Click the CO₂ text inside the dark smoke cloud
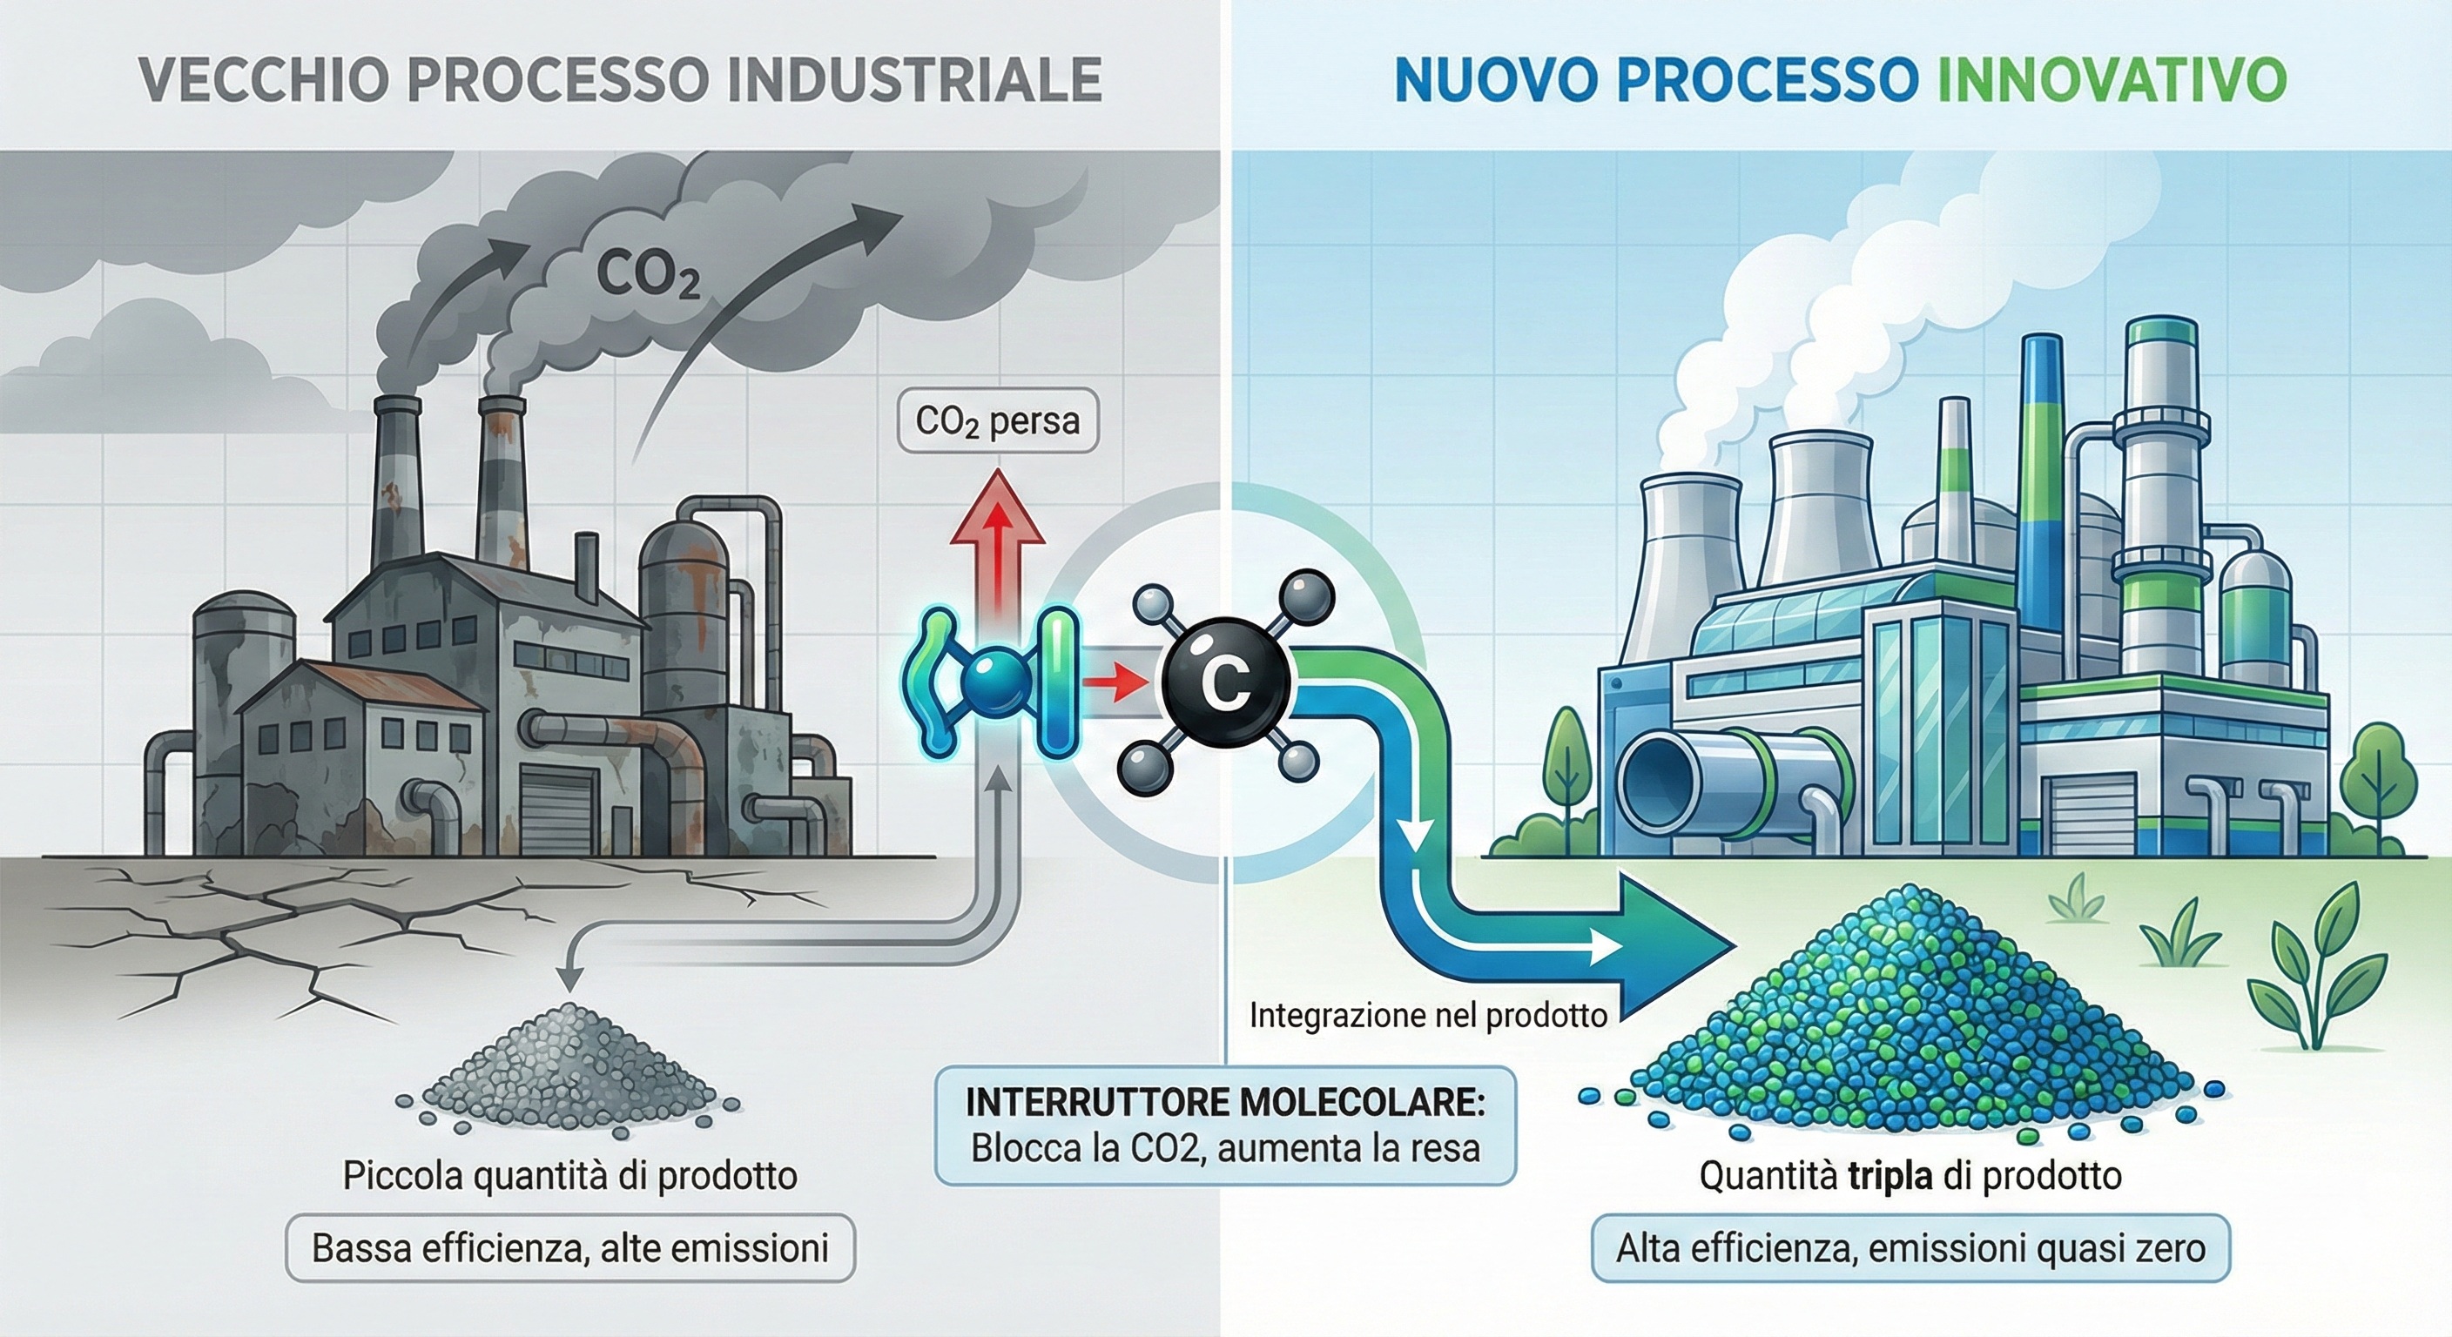pos(648,274)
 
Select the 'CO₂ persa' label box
pos(997,420)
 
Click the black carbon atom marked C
pos(1225,678)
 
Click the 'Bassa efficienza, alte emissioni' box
pos(570,1247)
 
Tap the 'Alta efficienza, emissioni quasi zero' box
pos(1910,1247)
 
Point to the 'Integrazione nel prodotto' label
pos(1428,1015)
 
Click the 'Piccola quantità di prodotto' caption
pos(569,1176)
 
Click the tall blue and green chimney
pos(2039,476)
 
